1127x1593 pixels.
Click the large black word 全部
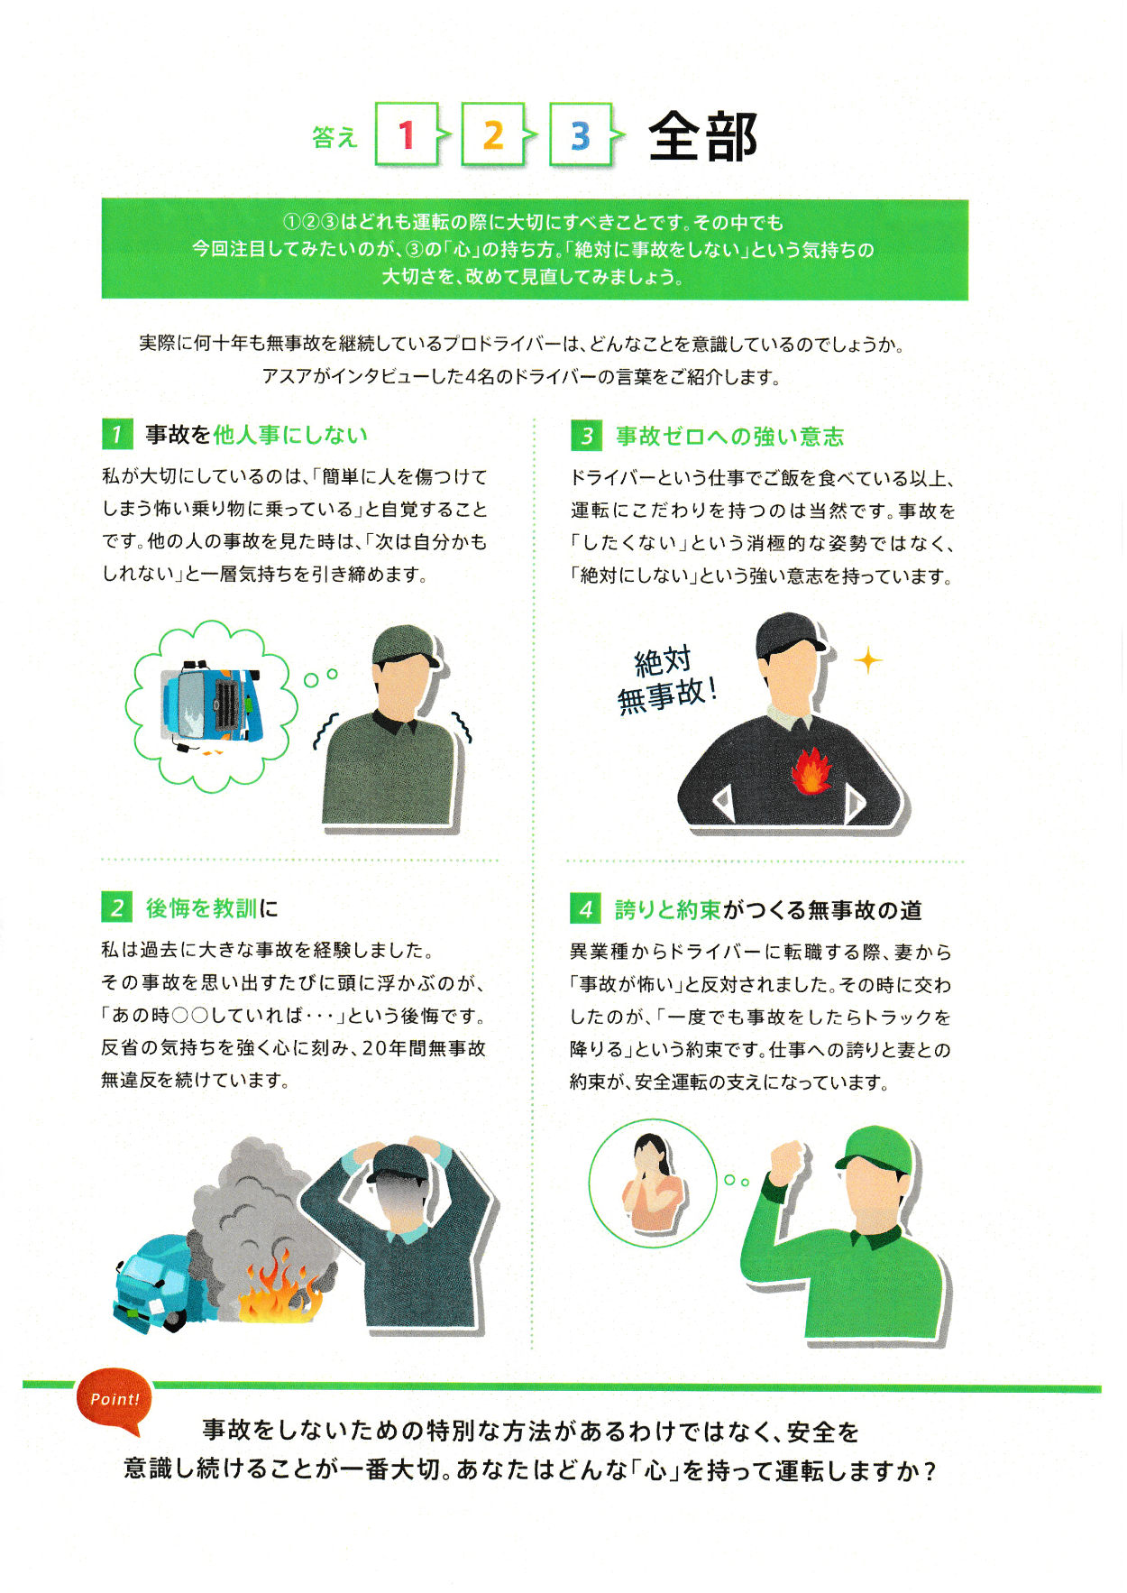[x=702, y=137]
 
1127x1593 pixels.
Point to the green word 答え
[x=334, y=137]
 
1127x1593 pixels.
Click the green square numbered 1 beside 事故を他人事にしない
[x=117, y=434]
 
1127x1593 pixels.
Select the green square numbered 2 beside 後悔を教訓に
[x=117, y=907]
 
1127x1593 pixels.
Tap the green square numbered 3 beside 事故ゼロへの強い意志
[x=586, y=436]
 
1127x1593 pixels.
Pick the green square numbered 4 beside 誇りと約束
[x=586, y=908]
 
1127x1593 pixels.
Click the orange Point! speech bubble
[x=115, y=1401]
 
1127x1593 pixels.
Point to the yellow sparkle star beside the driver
[x=868, y=660]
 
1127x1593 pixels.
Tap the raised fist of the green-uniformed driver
[x=786, y=1159]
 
